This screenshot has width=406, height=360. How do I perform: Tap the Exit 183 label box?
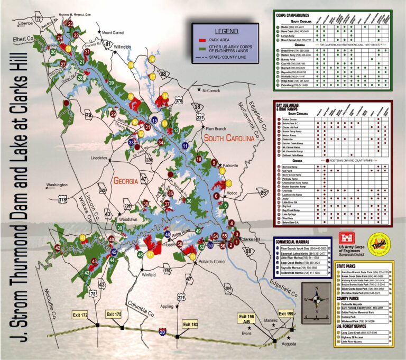(x=190, y=324)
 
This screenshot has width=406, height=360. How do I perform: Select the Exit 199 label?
(x=285, y=315)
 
